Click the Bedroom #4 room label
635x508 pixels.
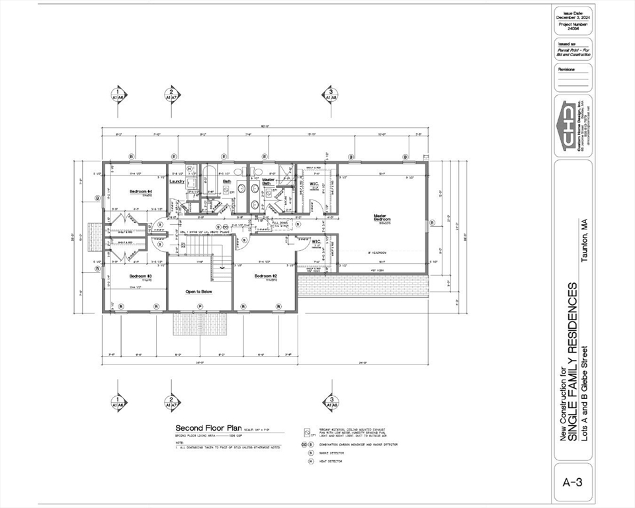click(x=141, y=192)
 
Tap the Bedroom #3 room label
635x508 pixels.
click(x=141, y=276)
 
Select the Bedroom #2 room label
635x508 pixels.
click(x=265, y=276)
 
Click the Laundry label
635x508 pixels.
click(x=177, y=181)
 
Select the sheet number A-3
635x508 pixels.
click(x=572, y=483)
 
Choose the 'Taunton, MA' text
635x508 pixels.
click(x=584, y=240)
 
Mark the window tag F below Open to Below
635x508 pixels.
click(x=200, y=306)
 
